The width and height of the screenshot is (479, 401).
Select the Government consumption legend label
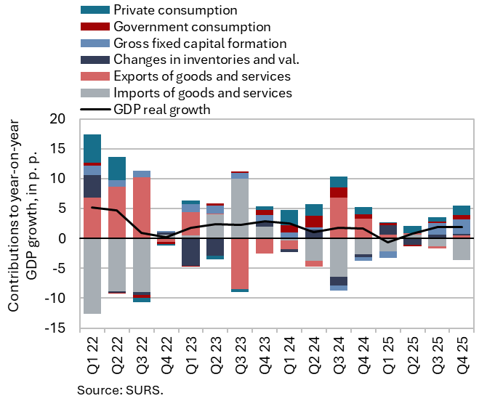185,27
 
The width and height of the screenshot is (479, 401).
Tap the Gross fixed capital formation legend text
201,44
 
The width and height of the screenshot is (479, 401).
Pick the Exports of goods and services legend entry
203,76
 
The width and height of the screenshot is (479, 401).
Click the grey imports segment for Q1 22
92,276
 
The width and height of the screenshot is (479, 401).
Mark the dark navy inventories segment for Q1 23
191,252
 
